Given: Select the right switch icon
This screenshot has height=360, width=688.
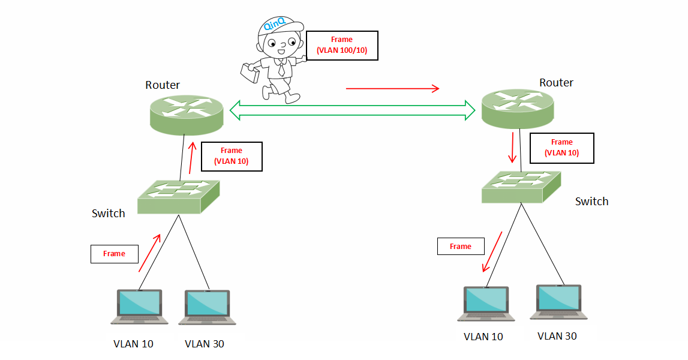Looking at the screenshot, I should point(521,186).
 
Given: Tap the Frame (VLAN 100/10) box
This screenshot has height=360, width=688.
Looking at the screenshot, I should point(342,46).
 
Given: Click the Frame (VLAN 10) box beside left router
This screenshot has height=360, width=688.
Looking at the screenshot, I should point(232,157).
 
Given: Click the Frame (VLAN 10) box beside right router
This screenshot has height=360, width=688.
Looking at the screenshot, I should point(561,148).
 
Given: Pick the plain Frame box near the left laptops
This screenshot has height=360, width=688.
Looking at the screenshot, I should point(114,254).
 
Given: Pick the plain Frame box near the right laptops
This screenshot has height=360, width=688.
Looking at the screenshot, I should point(461,247).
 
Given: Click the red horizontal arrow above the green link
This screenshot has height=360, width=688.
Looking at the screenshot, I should point(393,89).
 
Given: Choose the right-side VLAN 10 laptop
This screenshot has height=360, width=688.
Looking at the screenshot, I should point(486,303).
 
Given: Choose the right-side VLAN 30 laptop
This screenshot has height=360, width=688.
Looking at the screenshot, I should point(558,302).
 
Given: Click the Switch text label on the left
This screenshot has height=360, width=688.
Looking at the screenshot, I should point(109,213).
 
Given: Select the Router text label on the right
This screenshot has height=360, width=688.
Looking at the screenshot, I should point(556,83).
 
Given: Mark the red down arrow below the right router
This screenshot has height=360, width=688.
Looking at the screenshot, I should point(513,148).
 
